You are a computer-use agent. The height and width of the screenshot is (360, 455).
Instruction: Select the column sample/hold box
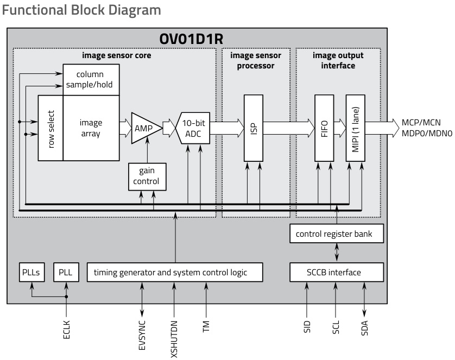pyautogui.click(x=91, y=79)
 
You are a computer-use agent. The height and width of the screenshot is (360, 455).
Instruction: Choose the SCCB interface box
pyautogui.click(x=337, y=271)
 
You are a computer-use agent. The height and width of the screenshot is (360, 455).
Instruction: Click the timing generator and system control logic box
pyautogui.click(x=175, y=271)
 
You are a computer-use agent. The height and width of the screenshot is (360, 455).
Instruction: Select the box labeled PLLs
pyautogui.click(x=31, y=271)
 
